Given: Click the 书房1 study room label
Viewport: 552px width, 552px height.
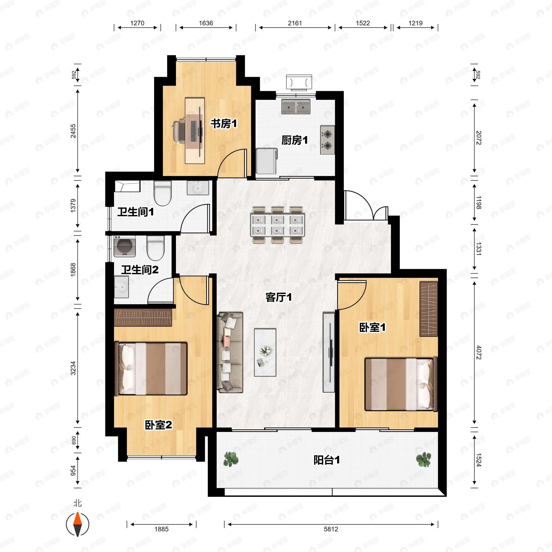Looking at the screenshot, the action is [x=224, y=124].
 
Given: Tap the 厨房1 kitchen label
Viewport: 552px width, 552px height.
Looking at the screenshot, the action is [x=295, y=140].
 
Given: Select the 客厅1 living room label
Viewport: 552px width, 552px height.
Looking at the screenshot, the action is [x=279, y=297].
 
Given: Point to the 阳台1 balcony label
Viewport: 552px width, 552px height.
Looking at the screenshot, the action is [x=327, y=460].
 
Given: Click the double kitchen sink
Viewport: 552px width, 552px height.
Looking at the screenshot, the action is [x=296, y=106].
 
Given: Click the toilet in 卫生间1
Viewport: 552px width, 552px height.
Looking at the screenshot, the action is [x=163, y=193].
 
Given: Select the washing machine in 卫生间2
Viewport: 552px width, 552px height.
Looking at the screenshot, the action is [x=125, y=246].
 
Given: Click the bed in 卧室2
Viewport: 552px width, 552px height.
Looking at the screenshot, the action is [x=151, y=369].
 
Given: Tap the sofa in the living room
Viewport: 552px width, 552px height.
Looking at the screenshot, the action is [x=230, y=352].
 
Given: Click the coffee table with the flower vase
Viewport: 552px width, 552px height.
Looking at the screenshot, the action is [x=265, y=352].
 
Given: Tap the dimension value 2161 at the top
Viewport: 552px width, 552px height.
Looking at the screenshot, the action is [x=295, y=23].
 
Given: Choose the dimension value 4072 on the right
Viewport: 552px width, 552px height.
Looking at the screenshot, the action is [x=479, y=353].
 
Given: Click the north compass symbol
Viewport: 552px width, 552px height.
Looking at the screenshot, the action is [x=78, y=524].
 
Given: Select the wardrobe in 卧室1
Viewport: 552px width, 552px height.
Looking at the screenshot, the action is [x=428, y=309].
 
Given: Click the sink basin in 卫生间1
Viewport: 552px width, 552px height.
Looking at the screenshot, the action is [x=198, y=188].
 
